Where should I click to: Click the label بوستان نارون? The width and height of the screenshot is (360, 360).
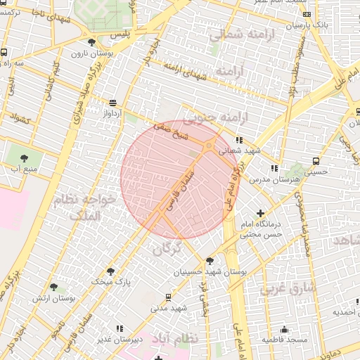[x=88, y=53]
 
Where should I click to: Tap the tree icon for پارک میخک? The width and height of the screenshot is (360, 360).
[x=110, y=271]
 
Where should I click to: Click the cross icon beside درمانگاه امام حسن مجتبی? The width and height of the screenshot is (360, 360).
[x=262, y=213]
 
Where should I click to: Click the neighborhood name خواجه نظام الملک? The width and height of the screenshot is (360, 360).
[x=88, y=207]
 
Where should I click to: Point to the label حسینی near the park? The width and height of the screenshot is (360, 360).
[x=315, y=171]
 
